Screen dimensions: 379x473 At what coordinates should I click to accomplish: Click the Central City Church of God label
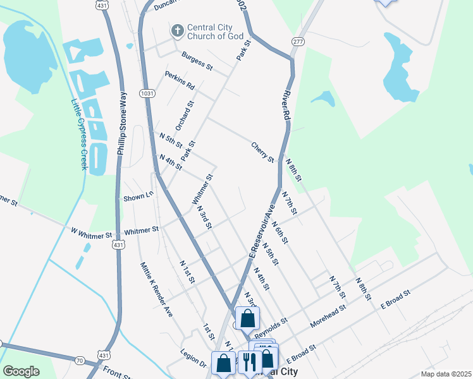click(x=215, y=32)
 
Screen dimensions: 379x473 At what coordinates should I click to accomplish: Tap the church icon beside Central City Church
click(x=178, y=30)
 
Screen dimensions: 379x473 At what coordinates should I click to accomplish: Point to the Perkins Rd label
click(x=180, y=80)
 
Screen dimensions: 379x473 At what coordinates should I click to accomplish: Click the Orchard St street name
click(x=185, y=116)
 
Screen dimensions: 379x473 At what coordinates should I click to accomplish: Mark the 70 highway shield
click(x=79, y=360)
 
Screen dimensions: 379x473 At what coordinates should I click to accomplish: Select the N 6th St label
click(x=279, y=232)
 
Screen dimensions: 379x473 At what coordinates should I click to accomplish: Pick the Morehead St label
click(x=328, y=317)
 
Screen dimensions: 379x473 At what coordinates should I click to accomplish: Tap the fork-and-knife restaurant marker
click(x=249, y=362)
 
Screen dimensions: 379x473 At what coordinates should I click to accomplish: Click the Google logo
click(x=21, y=371)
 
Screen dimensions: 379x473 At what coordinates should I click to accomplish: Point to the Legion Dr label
click(x=193, y=359)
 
